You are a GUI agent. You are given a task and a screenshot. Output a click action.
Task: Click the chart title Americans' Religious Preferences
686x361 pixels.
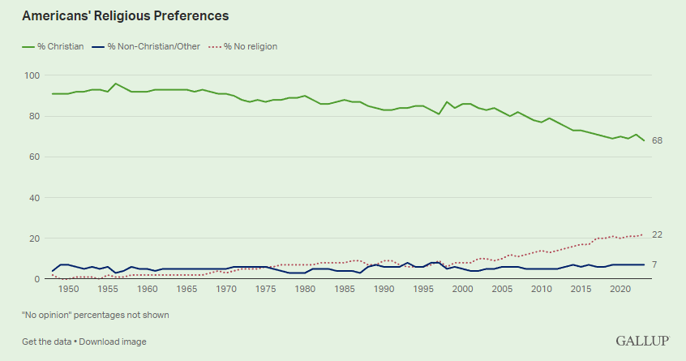(125, 15)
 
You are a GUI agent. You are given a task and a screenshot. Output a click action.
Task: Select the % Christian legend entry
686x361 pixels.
(50, 46)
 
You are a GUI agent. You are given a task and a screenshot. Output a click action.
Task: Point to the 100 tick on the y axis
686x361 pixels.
(32, 75)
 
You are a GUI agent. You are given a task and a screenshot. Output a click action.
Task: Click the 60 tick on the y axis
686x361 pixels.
(35, 157)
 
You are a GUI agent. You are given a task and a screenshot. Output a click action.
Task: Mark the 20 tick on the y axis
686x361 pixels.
(35, 239)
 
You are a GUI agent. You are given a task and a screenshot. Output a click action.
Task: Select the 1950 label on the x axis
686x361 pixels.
(69, 289)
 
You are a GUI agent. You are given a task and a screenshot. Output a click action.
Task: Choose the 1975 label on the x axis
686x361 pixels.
(266, 289)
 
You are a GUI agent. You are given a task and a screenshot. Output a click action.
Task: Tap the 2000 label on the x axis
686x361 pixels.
(463, 289)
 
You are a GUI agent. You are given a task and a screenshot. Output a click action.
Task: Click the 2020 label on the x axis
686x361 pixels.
(620, 289)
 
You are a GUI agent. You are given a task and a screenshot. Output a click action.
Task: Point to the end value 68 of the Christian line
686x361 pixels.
(658, 141)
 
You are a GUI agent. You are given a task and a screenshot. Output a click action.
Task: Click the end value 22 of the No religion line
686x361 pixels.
(658, 234)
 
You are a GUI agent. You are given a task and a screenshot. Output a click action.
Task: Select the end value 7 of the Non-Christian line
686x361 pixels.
(655, 265)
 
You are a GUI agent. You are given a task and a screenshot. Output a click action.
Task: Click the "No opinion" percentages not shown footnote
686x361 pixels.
(96, 315)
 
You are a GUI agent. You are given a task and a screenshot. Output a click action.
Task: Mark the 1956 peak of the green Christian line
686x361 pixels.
(116, 84)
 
